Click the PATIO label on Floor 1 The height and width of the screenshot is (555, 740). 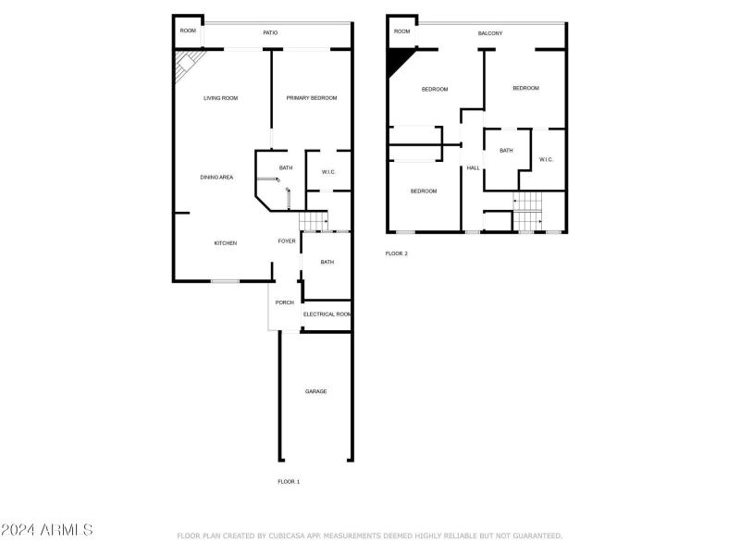(x=270, y=33)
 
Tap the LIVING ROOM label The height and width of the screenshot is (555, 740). (x=221, y=98)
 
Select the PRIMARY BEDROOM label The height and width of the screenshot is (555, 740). (x=311, y=98)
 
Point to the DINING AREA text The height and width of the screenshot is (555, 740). (x=216, y=177)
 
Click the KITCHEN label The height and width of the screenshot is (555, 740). (x=226, y=243)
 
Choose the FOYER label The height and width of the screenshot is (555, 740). (x=287, y=241)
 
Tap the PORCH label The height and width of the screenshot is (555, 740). (x=284, y=302)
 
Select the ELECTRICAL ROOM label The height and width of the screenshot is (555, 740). (x=327, y=314)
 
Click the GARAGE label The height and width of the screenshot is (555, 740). (x=316, y=391)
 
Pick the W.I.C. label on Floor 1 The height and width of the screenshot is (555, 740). (x=328, y=173)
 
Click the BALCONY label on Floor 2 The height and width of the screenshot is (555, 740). (x=490, y=33)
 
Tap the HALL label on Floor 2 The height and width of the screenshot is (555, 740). (x=473, y=167)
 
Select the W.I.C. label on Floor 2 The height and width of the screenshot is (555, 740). (x=546, y=160)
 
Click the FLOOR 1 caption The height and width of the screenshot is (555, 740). (x=289, y=482)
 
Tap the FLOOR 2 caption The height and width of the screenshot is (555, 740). (x=396, y=253)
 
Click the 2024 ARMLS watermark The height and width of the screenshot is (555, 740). (x=46, y=530)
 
